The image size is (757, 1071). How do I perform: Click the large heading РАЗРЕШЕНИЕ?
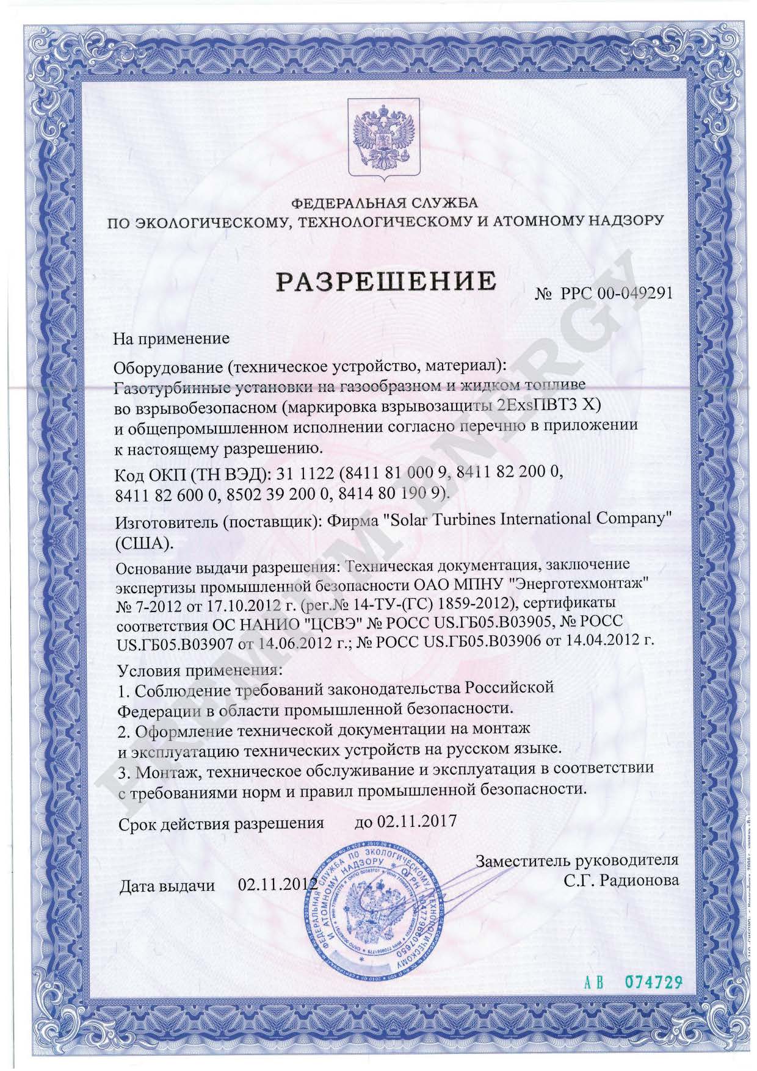click(x=386, y=282)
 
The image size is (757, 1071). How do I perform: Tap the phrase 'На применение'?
click(x=172, y=338)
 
